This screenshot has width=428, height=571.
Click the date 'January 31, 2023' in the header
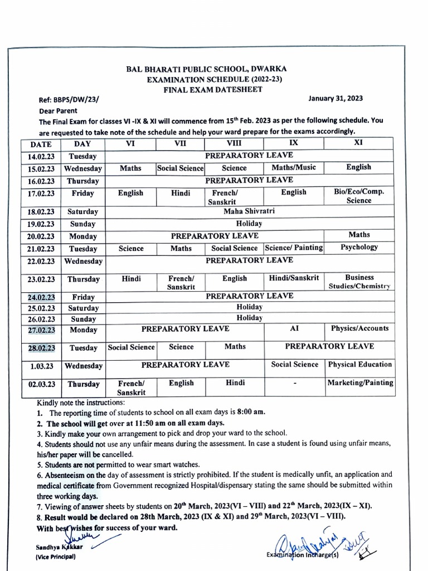[335, 99]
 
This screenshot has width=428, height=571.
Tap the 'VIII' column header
[234, 143]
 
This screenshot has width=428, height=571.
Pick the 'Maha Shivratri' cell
[249, 211]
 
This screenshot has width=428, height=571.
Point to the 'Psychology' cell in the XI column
[359, 247]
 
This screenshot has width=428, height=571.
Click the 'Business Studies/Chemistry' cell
[359, 282]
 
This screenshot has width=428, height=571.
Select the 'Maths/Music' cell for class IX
[293, 167]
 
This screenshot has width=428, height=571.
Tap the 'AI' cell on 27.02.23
[294, 329]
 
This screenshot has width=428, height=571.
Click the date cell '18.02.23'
[41, 212]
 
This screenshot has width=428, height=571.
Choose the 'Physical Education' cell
[359, 365]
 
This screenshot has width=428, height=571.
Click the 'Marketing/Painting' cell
[359, 383]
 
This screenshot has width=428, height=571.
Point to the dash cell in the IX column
[294, 384]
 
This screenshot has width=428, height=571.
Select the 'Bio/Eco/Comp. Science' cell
[359, 196]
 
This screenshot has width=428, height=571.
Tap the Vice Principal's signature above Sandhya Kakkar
[78, 536]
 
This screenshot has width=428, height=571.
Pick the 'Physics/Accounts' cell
[359, 329]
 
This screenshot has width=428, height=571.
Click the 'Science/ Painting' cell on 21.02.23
[294, 248]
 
